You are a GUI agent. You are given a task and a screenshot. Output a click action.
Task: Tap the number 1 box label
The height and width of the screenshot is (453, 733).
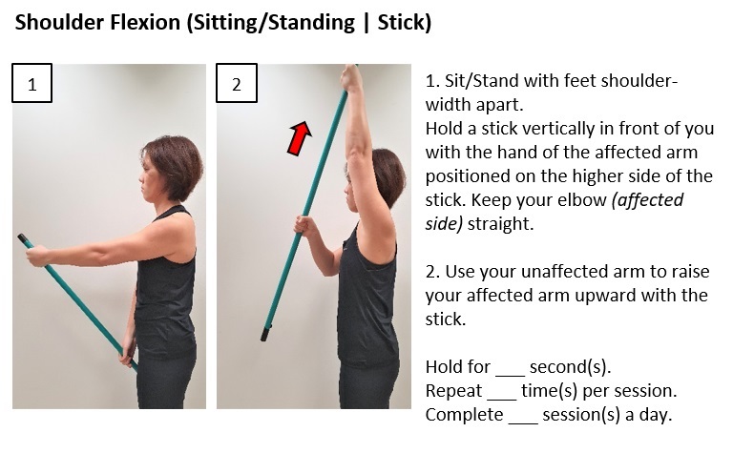point(31,83)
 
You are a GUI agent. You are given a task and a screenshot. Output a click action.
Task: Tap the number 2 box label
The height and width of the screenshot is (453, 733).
point(236,83)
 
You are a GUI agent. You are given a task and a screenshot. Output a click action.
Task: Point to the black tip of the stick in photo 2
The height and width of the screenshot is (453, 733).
point(264,334)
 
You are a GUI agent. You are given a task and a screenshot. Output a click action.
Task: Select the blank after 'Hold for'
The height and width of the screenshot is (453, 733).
point(511,367)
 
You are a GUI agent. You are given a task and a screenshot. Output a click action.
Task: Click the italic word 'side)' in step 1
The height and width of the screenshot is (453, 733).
point(446,224)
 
